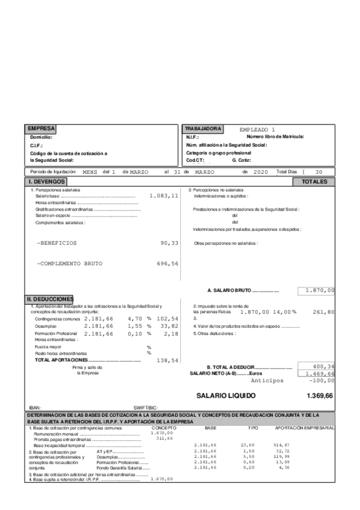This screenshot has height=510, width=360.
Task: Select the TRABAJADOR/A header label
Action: [203, 129]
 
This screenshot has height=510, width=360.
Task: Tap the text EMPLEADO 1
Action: [257, 129]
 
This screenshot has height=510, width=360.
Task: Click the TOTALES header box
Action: [314, 181]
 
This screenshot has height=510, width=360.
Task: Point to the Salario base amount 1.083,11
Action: [164, 196]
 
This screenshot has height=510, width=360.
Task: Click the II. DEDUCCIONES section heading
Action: [50, 299]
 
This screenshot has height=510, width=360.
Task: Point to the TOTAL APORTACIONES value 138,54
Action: [167, 360]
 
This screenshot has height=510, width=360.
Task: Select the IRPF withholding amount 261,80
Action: [323, 312]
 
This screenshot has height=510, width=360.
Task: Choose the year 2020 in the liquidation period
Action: [260, 172]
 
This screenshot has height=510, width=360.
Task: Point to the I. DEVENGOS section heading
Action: [46, 181]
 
